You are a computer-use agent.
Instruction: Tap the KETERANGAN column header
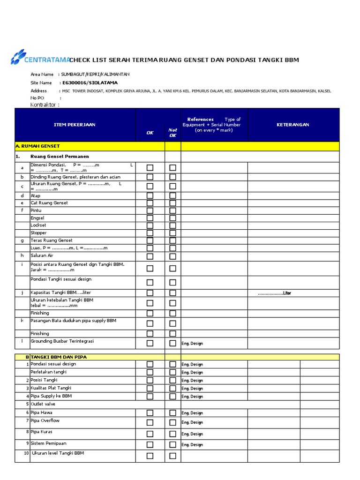coord(293,125)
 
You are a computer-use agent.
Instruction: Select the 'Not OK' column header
coord(172,133)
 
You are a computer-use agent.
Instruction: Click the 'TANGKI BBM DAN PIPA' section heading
coord(59,357)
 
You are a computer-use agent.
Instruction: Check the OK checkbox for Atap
coord(150,195)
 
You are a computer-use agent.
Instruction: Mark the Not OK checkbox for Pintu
coord(172,211)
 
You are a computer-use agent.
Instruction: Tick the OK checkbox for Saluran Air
coord(150,256)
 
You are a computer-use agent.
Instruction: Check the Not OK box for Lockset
coord(172,225)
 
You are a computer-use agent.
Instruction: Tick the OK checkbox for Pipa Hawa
coord(150,413)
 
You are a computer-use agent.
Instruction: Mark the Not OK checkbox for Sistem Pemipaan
coord(172,445)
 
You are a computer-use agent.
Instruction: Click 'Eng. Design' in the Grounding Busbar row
coord(192,344)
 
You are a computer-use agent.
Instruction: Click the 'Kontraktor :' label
coord(45,105)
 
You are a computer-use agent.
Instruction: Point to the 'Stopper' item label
coord(38,232)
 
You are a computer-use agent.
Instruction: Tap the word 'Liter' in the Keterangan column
coord(286,293)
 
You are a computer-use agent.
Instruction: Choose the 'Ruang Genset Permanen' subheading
coord(60,156)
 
